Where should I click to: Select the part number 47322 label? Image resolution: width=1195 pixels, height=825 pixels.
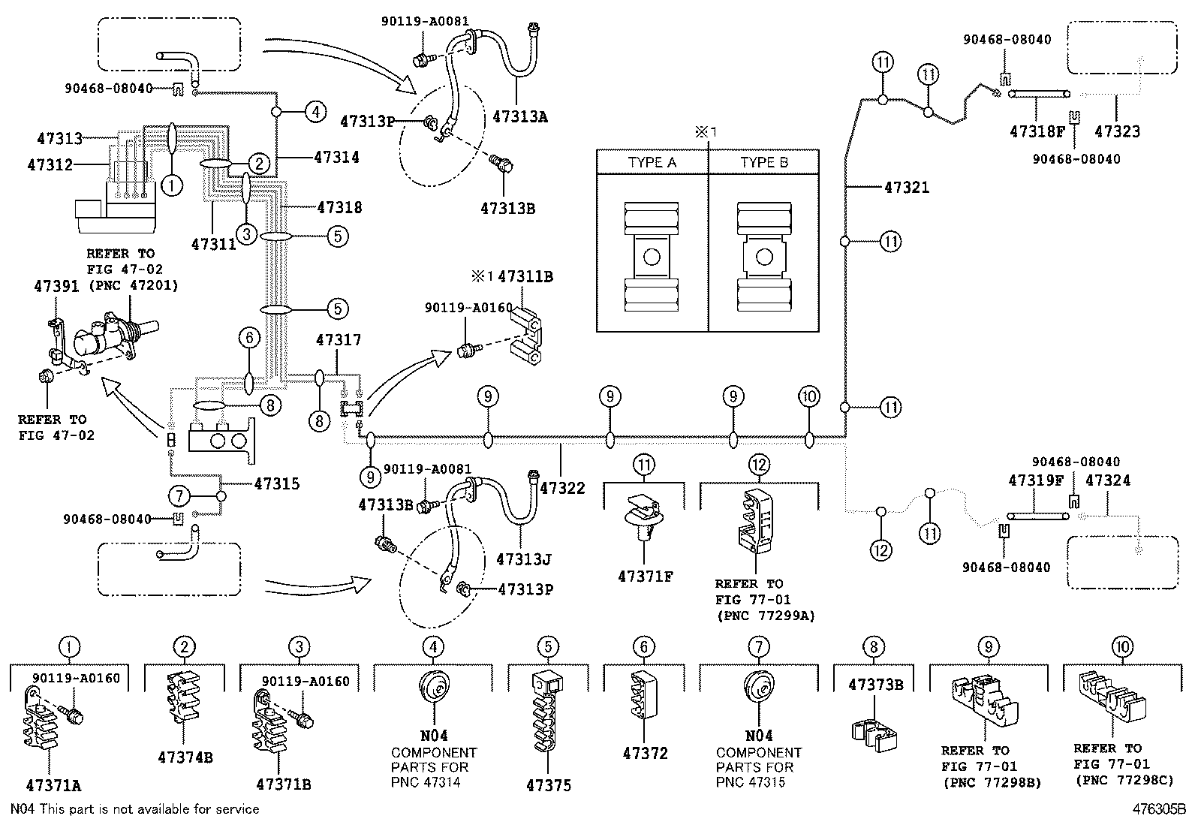[562, 488]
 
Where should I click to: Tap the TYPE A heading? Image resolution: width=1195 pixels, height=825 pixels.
[652, 163]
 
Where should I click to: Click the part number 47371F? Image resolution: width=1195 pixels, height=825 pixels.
[645, 577]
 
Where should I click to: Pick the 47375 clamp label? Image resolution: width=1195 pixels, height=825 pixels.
[548, 785]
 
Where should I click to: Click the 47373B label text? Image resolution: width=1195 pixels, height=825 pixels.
[874, 685]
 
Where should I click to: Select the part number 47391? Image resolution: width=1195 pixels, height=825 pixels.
[56, 286]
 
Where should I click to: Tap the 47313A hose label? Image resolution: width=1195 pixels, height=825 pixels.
[519, 116]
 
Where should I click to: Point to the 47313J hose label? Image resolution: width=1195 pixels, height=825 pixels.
[523, 559]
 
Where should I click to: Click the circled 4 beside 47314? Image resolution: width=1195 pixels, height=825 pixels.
[315, 113]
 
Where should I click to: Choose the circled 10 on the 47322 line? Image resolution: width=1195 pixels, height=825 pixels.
[808, 396]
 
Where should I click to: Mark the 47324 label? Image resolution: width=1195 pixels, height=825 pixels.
[1107, 480]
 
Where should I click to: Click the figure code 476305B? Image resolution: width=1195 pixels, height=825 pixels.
[1158, 809]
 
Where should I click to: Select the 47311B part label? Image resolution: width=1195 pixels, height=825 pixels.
[525, 276]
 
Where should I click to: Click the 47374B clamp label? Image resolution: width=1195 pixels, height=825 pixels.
[185, 757]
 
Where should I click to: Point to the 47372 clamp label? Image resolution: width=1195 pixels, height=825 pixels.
[645, 753]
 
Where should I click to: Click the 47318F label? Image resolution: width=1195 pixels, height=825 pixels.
[1037, 131]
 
